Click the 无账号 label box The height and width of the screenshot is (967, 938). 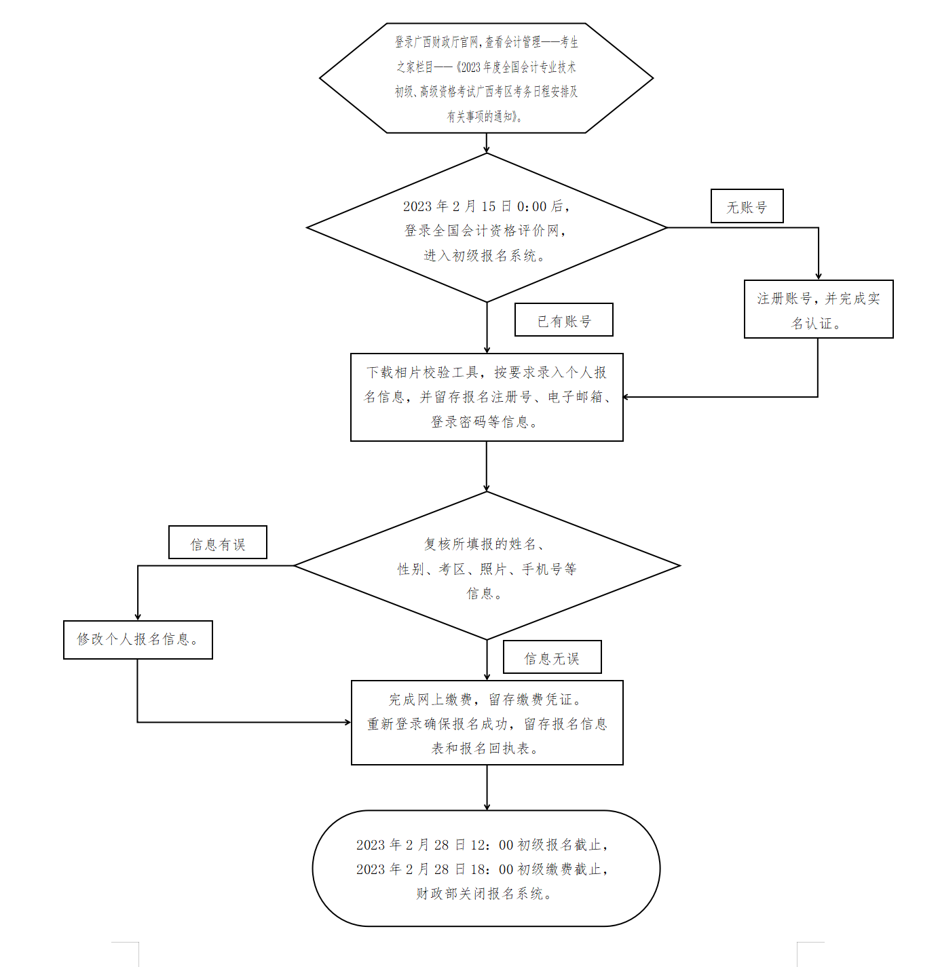[747, 206]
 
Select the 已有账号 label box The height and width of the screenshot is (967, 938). [564, 320]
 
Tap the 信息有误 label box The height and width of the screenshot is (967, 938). [217, 543]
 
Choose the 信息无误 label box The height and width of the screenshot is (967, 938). [552, 658]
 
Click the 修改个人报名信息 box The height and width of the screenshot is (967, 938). [138, 639]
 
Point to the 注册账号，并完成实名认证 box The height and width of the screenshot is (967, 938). [819, 309]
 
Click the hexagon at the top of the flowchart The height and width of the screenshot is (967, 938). [486, 79]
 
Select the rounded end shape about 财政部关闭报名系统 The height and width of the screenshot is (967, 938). [486, 869]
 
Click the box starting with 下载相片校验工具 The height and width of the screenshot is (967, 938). [487, 397]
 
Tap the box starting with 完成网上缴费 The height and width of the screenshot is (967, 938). [487, 723]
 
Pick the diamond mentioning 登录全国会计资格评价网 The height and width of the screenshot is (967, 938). [487, 229]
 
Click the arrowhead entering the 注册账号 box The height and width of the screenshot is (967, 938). [819, 276]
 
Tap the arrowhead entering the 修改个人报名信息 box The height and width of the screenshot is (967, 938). [138, 616]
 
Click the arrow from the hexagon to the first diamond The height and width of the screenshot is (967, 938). [487, 143]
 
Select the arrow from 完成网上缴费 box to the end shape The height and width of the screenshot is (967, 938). [487, 787]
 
